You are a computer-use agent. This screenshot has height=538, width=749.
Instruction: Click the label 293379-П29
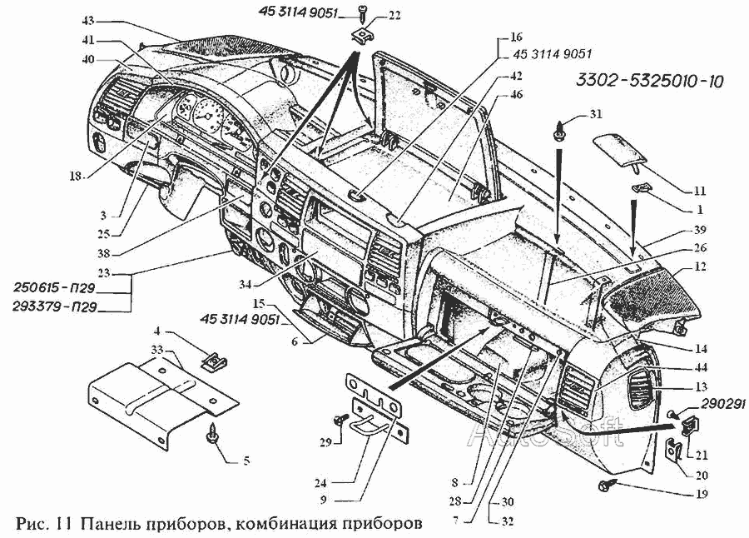pyautogui.click(x=60, y=306)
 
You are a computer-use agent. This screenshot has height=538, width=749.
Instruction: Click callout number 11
pyautogui.click(x=699, y=191)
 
